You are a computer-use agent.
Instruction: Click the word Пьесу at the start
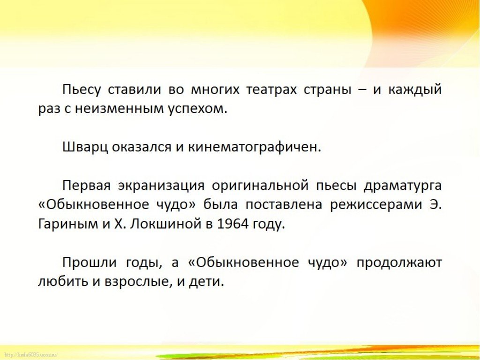click(x=82, y=90)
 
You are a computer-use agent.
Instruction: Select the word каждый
click(x=415, y=90)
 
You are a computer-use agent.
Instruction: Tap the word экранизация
click(x=161, y=186)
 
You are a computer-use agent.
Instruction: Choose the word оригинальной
click(x=260, y=186)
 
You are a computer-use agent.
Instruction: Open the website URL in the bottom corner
click(x=29, y=355)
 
